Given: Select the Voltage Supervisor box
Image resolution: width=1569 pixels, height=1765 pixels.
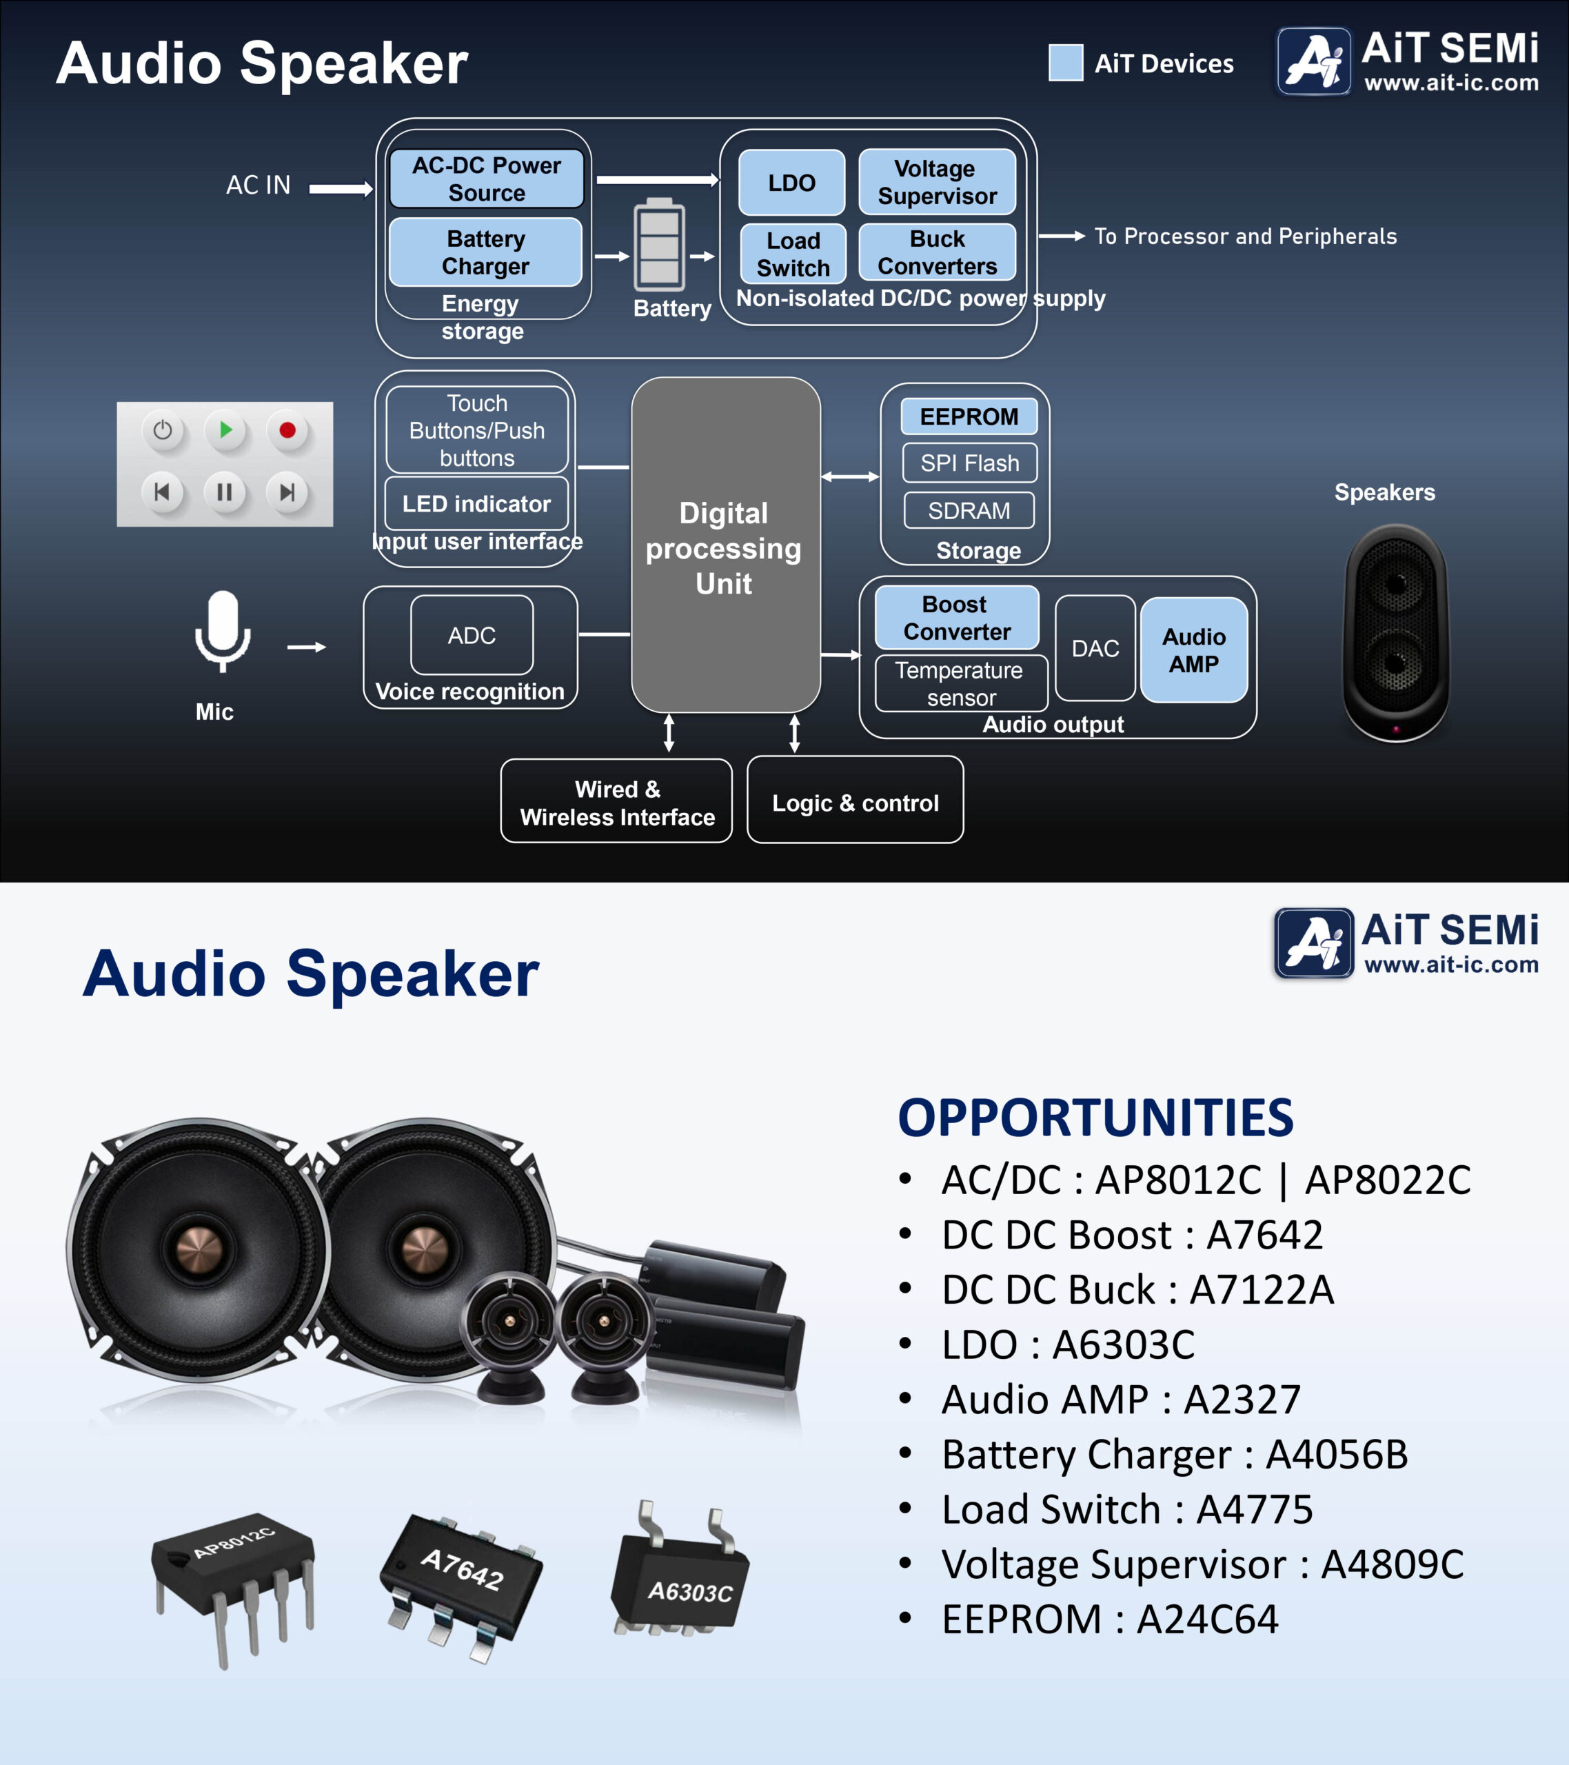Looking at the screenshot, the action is coord(937,182).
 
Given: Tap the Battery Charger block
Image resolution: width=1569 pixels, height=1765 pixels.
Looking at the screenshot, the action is coord(485,252).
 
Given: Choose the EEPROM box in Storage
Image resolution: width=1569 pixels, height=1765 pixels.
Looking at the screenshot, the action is coord(969,416).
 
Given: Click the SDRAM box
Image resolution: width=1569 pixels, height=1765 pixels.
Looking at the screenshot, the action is coord(969,510).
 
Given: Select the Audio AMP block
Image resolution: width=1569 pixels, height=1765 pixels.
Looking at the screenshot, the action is coord(1193,650).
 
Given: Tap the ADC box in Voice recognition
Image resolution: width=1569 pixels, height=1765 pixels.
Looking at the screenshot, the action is coord(472,635).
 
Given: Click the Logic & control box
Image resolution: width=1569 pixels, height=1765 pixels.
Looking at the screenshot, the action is coord(855,800).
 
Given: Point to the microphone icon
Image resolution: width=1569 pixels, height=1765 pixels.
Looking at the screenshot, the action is coord(223,630).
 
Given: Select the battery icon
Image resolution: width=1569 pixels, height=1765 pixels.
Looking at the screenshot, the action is coord(660,244).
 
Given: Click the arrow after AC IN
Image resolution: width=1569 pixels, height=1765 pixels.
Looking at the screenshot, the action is coord(341,188).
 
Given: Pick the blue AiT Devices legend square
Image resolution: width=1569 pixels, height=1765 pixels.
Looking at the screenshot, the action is coord(1066,63).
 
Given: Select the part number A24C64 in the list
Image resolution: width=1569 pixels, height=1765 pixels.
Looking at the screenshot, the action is coord(1207,1619).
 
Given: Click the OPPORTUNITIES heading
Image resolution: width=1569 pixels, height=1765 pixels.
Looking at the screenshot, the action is coord(1096,1118).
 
